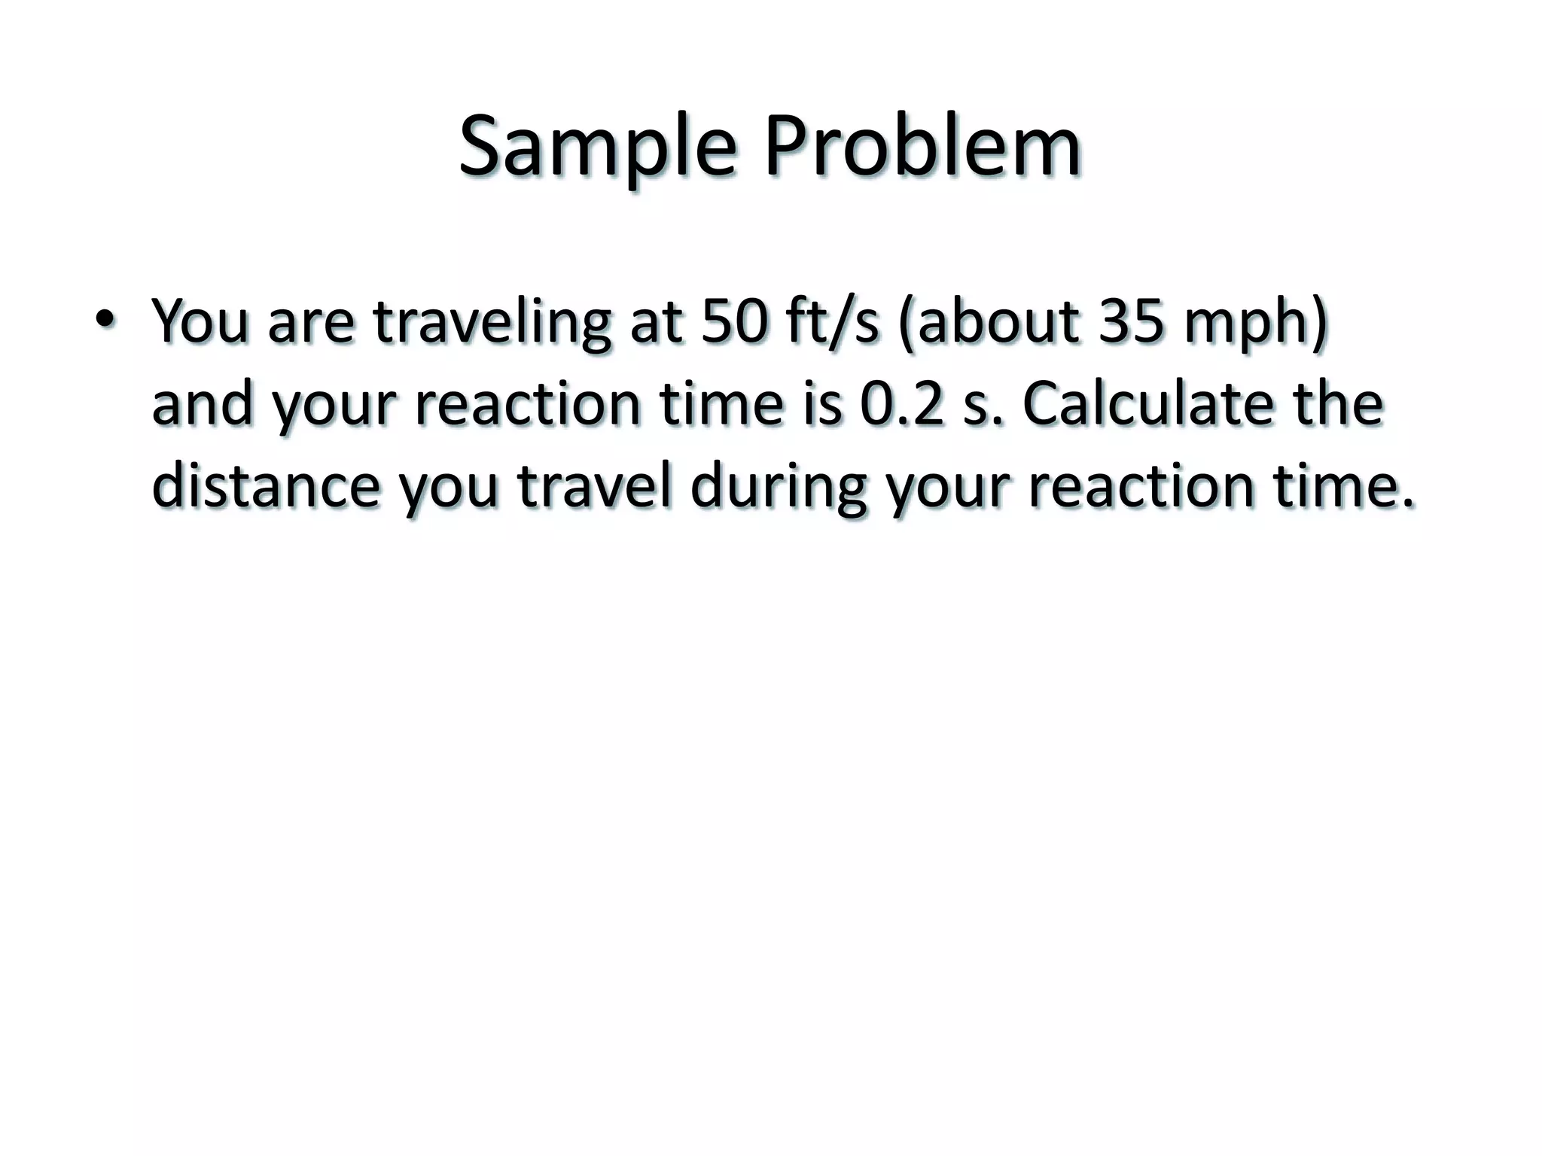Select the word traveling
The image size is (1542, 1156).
pyautogui.click(x=492, y=322)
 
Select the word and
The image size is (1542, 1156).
pyautogui.click(x=203, y=403)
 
